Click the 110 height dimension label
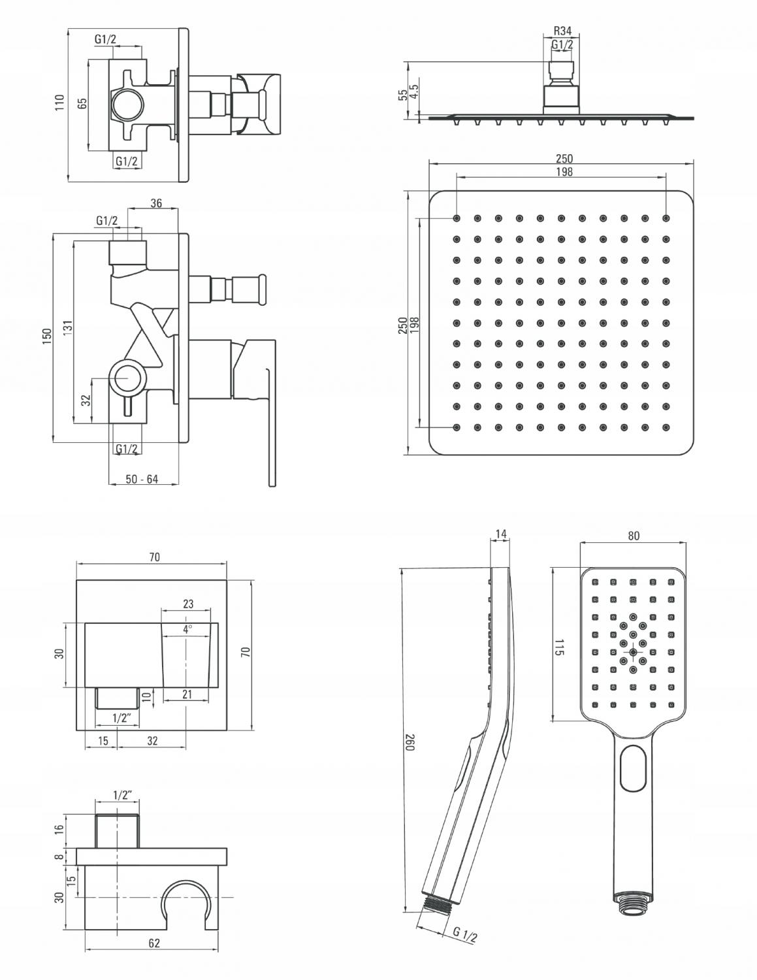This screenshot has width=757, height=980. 60,103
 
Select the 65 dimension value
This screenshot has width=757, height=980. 82,103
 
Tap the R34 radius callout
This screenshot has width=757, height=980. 562,31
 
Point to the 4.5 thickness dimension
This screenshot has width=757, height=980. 414,93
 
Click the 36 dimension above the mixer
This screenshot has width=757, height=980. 156,203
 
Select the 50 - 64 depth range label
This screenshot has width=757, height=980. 142,480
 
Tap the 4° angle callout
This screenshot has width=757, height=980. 188,629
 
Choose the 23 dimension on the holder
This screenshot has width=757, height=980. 188,604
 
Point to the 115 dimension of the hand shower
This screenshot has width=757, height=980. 559,647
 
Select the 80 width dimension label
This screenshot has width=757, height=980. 634,535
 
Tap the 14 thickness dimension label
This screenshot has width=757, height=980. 501,534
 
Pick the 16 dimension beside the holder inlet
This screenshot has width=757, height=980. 59,828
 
